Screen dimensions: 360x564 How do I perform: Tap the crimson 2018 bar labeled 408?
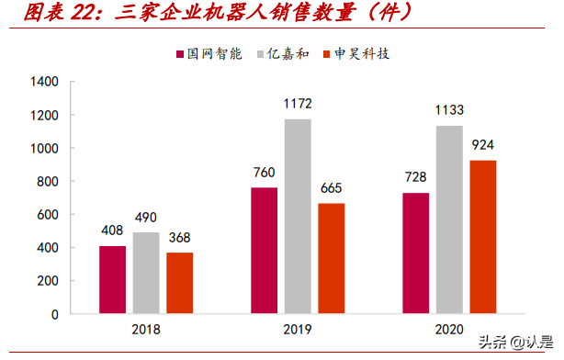point(112,280)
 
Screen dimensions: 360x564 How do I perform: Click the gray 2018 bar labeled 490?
point(146,273)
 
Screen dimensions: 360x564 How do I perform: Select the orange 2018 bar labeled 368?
point(180,283)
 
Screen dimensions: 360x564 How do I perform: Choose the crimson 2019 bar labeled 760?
point(264,251)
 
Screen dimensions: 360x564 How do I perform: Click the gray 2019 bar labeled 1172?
point(298,217)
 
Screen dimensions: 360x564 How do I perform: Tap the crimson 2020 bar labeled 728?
point(415,253)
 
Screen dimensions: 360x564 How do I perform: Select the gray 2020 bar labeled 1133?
point(449,219)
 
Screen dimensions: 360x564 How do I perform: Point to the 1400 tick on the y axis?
point(44,83)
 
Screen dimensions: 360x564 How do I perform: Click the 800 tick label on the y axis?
point(48,182)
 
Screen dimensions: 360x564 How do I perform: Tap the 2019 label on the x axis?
point(298,330)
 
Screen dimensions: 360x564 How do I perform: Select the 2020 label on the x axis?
point(449,330)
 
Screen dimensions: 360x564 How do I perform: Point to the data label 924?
point(483,146)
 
